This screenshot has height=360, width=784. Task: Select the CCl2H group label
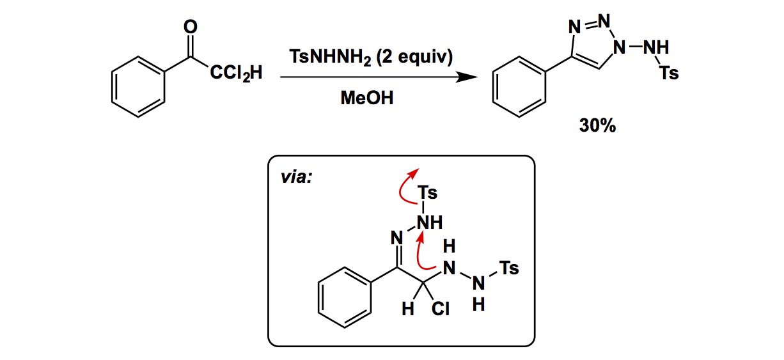pyautogui.click(x=235, y=75)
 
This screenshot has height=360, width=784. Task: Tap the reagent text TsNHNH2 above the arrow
pyautogui.click(x=330, y=58)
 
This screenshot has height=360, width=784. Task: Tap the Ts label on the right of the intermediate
pyautogui.click(x=509, y=269)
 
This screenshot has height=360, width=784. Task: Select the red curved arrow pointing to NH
pyautogui.click(x=423, y=254)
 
